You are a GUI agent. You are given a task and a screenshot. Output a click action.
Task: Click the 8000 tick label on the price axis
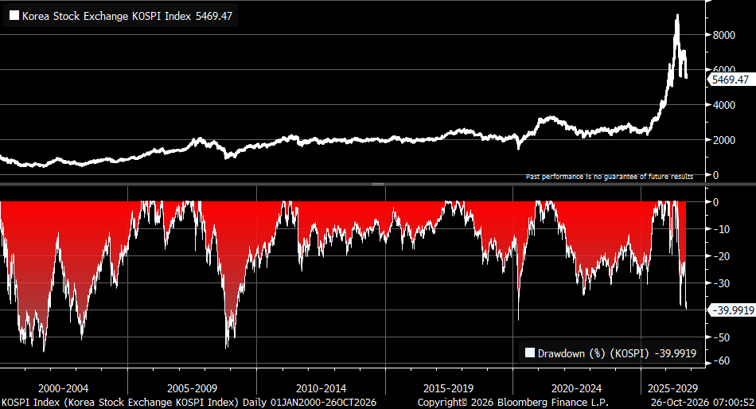point(723,35)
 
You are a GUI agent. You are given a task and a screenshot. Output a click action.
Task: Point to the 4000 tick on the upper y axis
point(723,105)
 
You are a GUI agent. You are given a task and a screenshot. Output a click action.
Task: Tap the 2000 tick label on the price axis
point(723,140)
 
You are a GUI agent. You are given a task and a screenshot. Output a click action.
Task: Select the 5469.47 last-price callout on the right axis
point(731,80)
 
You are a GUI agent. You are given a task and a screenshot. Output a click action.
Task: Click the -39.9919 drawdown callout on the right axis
point(733,310)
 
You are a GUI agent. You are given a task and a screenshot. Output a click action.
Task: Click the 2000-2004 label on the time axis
point(63,389)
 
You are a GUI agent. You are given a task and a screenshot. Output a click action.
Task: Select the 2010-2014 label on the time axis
point(321,389)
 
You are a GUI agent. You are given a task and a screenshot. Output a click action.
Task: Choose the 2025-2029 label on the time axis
point(672,389)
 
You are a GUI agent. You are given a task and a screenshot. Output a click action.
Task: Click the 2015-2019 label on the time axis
point(448,389)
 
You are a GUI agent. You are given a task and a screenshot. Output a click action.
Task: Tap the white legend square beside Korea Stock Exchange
point(14,15)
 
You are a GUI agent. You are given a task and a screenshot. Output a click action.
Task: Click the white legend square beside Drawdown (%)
point(530,353)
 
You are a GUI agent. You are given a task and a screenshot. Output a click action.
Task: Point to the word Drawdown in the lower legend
point(561,353)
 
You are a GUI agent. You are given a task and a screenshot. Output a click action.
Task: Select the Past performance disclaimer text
point(610,177)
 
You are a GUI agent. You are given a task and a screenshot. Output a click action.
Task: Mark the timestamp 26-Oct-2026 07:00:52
point(702,403)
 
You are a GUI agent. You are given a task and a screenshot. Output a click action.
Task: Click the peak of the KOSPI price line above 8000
point(677,15)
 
